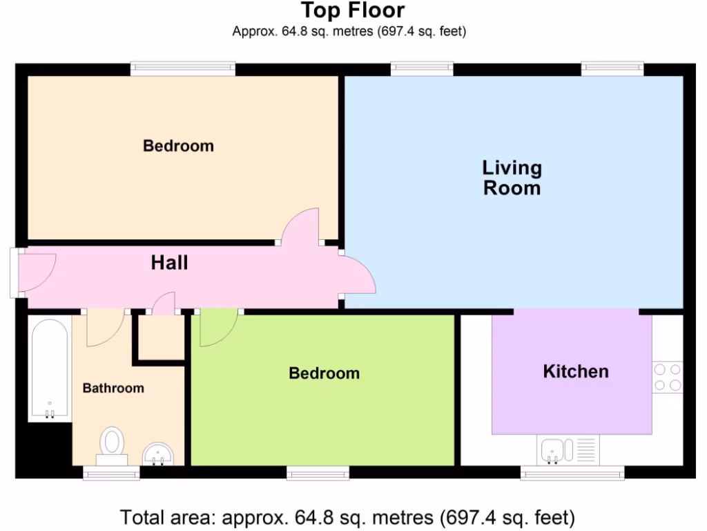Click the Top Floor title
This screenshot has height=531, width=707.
[x=353, y=11]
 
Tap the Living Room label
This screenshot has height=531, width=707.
[x=512, y=178]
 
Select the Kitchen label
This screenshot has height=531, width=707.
[x=576, y=372]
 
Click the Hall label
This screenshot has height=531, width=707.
[x=170, y=263]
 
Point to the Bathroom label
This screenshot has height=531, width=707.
[x=113, y=389]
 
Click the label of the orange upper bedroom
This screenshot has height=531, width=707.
[x=178, y=147]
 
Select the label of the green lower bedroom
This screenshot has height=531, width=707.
[x=324, y=374]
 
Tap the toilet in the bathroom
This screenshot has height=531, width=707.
[x=112, y=445]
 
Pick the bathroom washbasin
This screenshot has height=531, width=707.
[x=159, y=454]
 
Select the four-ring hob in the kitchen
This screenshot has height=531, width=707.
[x=667, y=378]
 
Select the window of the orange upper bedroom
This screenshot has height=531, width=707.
[x=183, y=68]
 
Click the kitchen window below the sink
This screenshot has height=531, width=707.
[x=572, y=473]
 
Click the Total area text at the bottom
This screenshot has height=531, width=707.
[x=347, y=517]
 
